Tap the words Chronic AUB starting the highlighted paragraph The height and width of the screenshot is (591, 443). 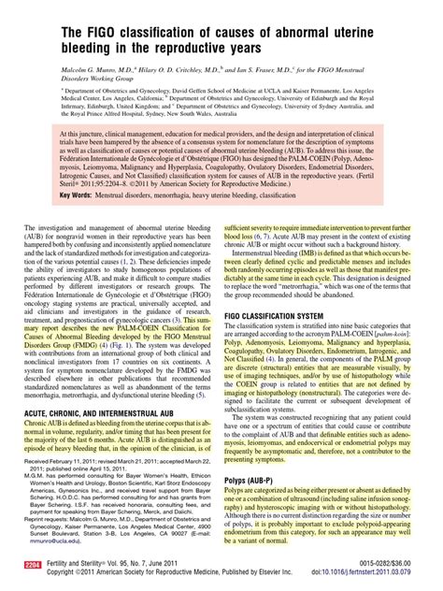click(43, 396)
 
